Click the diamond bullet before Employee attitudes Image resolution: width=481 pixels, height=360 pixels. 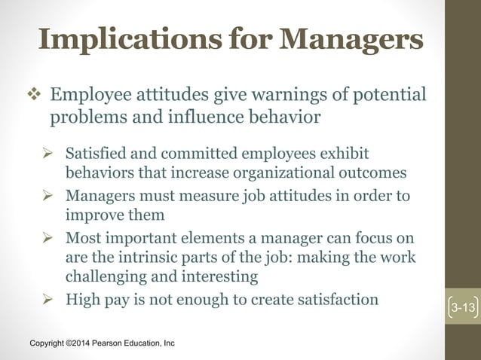[x=34, y=96]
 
